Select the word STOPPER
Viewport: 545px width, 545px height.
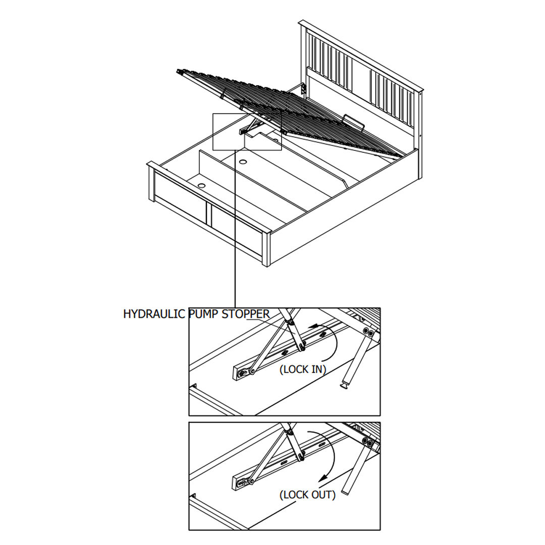pos(246,314)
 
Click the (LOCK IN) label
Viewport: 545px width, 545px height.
pos(303,369)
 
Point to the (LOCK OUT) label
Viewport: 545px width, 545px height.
pos(308,495)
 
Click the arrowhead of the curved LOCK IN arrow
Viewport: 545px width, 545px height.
pos(313,326)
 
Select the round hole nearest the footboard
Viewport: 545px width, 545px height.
pos(202,185)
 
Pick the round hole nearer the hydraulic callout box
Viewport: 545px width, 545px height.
pos(243,161)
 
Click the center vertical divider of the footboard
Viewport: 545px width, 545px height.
pos(209,213)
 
